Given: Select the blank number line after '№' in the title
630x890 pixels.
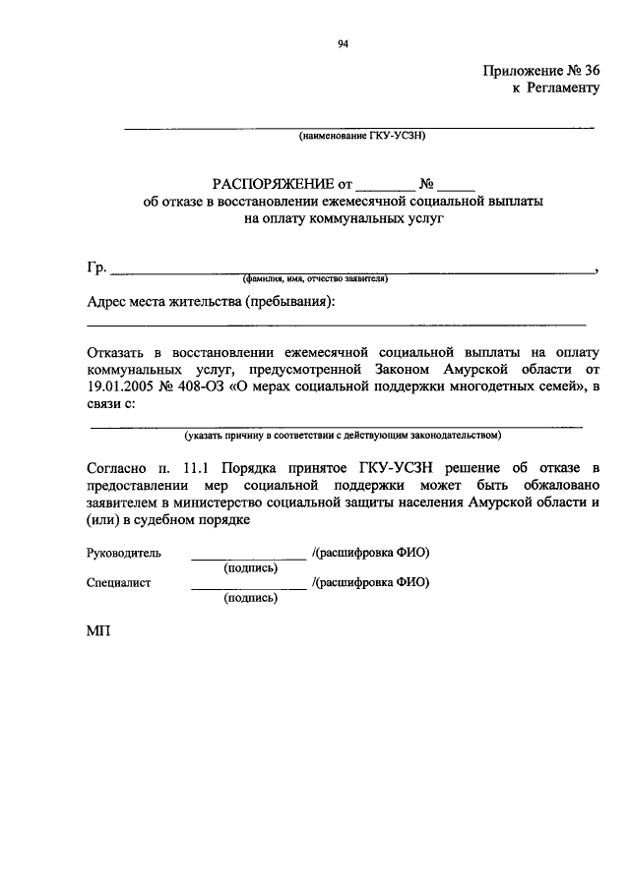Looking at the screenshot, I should pyautogui.click(x=457, y=185).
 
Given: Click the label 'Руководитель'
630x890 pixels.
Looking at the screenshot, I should pyautogui.click(x=123, y=554).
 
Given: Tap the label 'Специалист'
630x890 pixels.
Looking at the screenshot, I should pyautogui.click(x=118, y=582).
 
